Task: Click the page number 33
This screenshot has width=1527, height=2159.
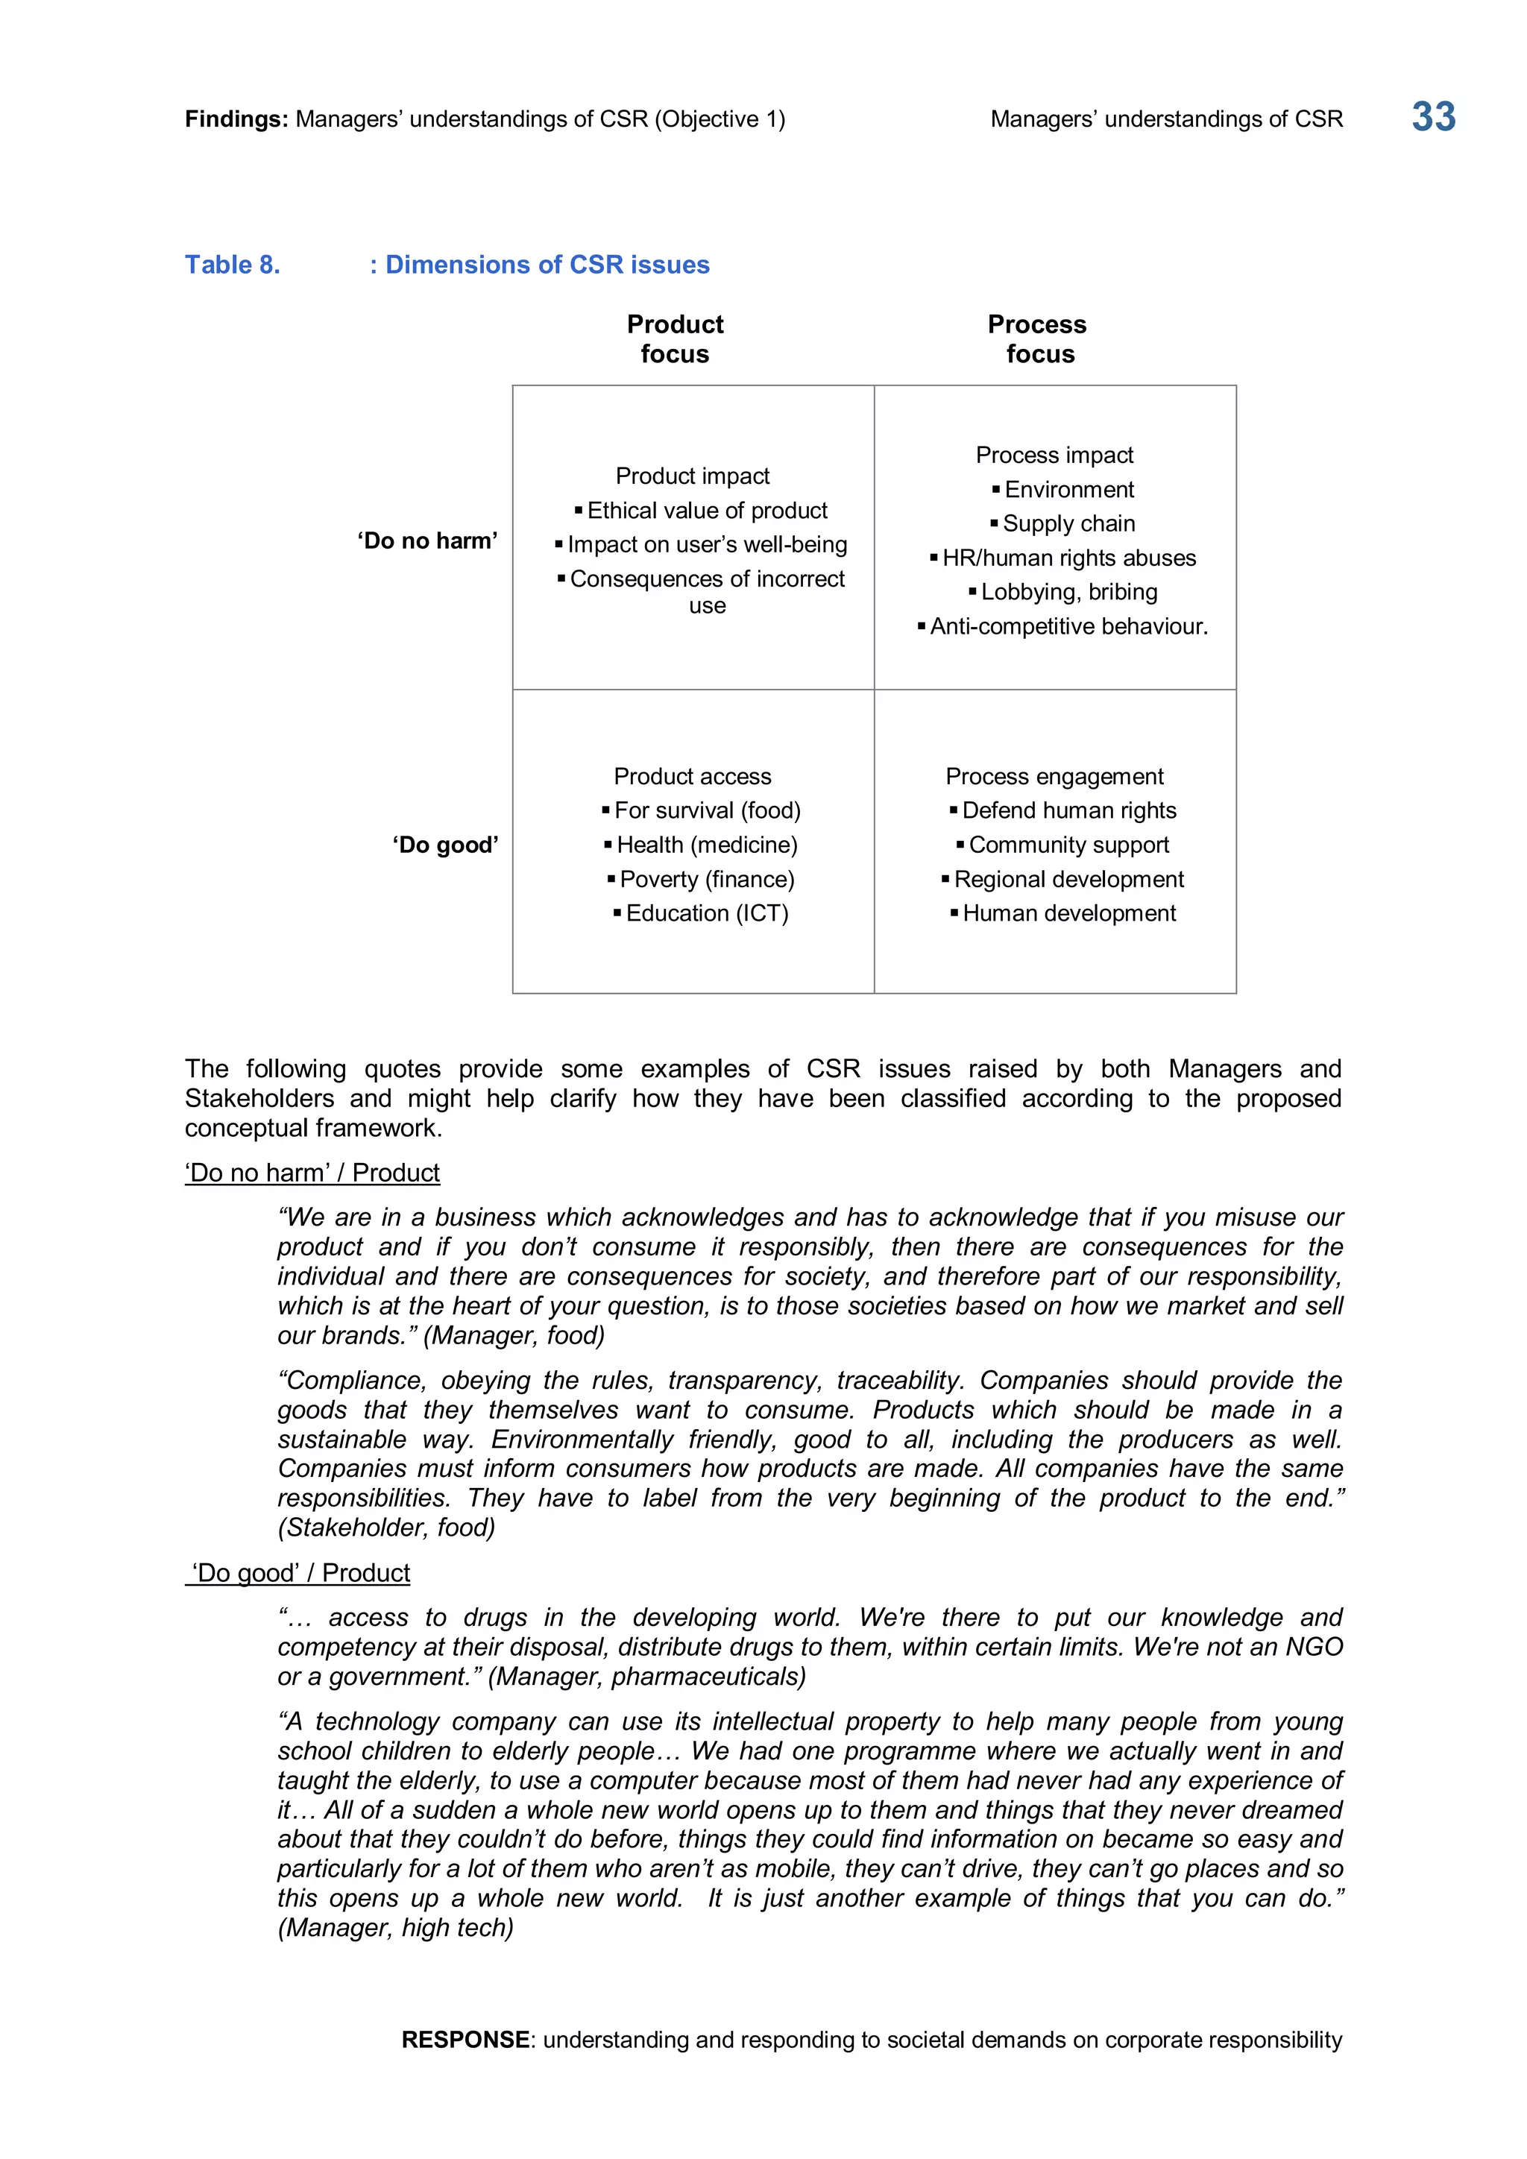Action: [1432, 118]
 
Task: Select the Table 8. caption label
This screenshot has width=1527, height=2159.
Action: [232, 265]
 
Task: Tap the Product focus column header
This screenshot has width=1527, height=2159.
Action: [674, 338]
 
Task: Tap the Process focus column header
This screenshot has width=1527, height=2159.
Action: [1037, 338]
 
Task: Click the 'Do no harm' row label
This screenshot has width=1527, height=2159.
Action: [427, 540]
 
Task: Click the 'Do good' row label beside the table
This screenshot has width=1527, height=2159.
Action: [444, 845]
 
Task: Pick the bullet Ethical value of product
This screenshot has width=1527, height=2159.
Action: [706, 511]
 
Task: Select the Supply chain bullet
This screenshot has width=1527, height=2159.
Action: [1068, 524]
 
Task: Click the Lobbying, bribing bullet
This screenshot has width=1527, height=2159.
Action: [1068, 593]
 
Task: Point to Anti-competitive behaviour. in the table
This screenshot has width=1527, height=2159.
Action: [1068, 626]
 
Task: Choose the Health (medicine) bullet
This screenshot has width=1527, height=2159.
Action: [706, 845]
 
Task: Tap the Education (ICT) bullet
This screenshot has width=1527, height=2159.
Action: [706, 914]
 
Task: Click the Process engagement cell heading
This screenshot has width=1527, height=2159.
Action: [1054, 777]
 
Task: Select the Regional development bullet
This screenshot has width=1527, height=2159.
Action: [1068, 879]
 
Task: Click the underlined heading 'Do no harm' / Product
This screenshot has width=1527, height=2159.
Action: [312, 1173]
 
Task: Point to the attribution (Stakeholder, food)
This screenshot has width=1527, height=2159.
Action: [386, 1527]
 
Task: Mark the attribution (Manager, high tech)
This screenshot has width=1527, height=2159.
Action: [396, 1928]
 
